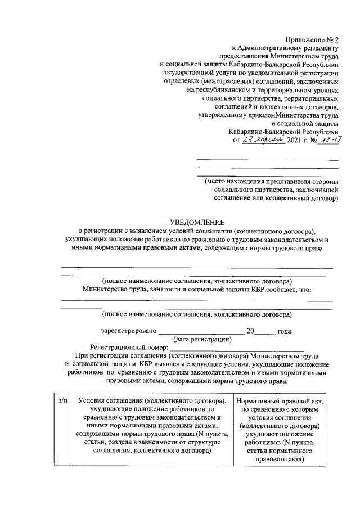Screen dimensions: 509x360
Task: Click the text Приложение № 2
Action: (312, 39)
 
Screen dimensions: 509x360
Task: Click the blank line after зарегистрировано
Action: (201, 332)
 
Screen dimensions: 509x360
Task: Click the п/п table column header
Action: (62, 400)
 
